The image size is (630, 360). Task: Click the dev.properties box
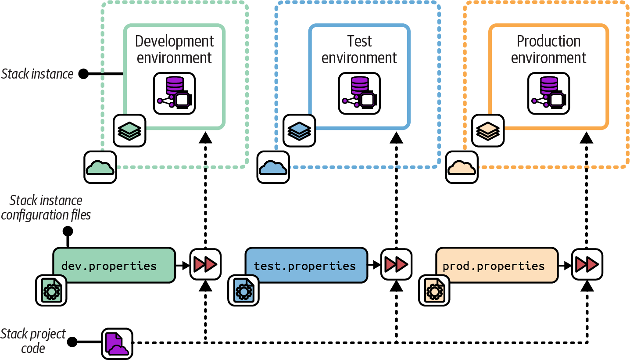(114, 266)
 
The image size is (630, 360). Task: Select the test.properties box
(306, 266)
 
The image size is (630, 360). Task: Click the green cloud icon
(100, 167)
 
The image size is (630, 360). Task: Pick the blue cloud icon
(273, 167)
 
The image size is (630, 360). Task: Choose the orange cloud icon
(462, 167)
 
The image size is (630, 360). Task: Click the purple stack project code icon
(117, 344)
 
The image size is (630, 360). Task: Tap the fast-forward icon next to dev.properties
(205, 264)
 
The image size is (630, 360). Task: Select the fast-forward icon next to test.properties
(396, 264)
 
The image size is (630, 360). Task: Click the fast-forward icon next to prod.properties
(587, 264)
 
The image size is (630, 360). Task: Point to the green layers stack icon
(129, 130)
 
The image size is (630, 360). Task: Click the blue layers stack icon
(299, 130)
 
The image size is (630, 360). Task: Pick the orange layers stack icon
(487, 130)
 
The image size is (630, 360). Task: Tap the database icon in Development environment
(174, 94)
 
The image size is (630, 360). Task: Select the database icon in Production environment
(548, 94)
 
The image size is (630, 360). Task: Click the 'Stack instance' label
(37, 74)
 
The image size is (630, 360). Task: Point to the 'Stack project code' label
(33, 341)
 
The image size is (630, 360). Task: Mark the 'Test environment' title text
(359, 49)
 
